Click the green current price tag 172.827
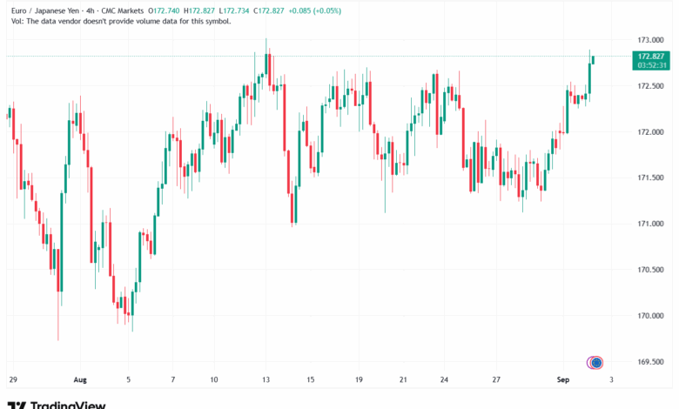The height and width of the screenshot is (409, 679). pos(652,56)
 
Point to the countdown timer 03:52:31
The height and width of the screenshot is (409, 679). pos(652,64)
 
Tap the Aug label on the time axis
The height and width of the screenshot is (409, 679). pos(79,380)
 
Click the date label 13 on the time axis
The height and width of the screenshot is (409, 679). pos(266,380)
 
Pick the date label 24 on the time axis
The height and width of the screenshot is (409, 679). pos(444,380)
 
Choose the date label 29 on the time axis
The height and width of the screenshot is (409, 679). pos(12,380)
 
